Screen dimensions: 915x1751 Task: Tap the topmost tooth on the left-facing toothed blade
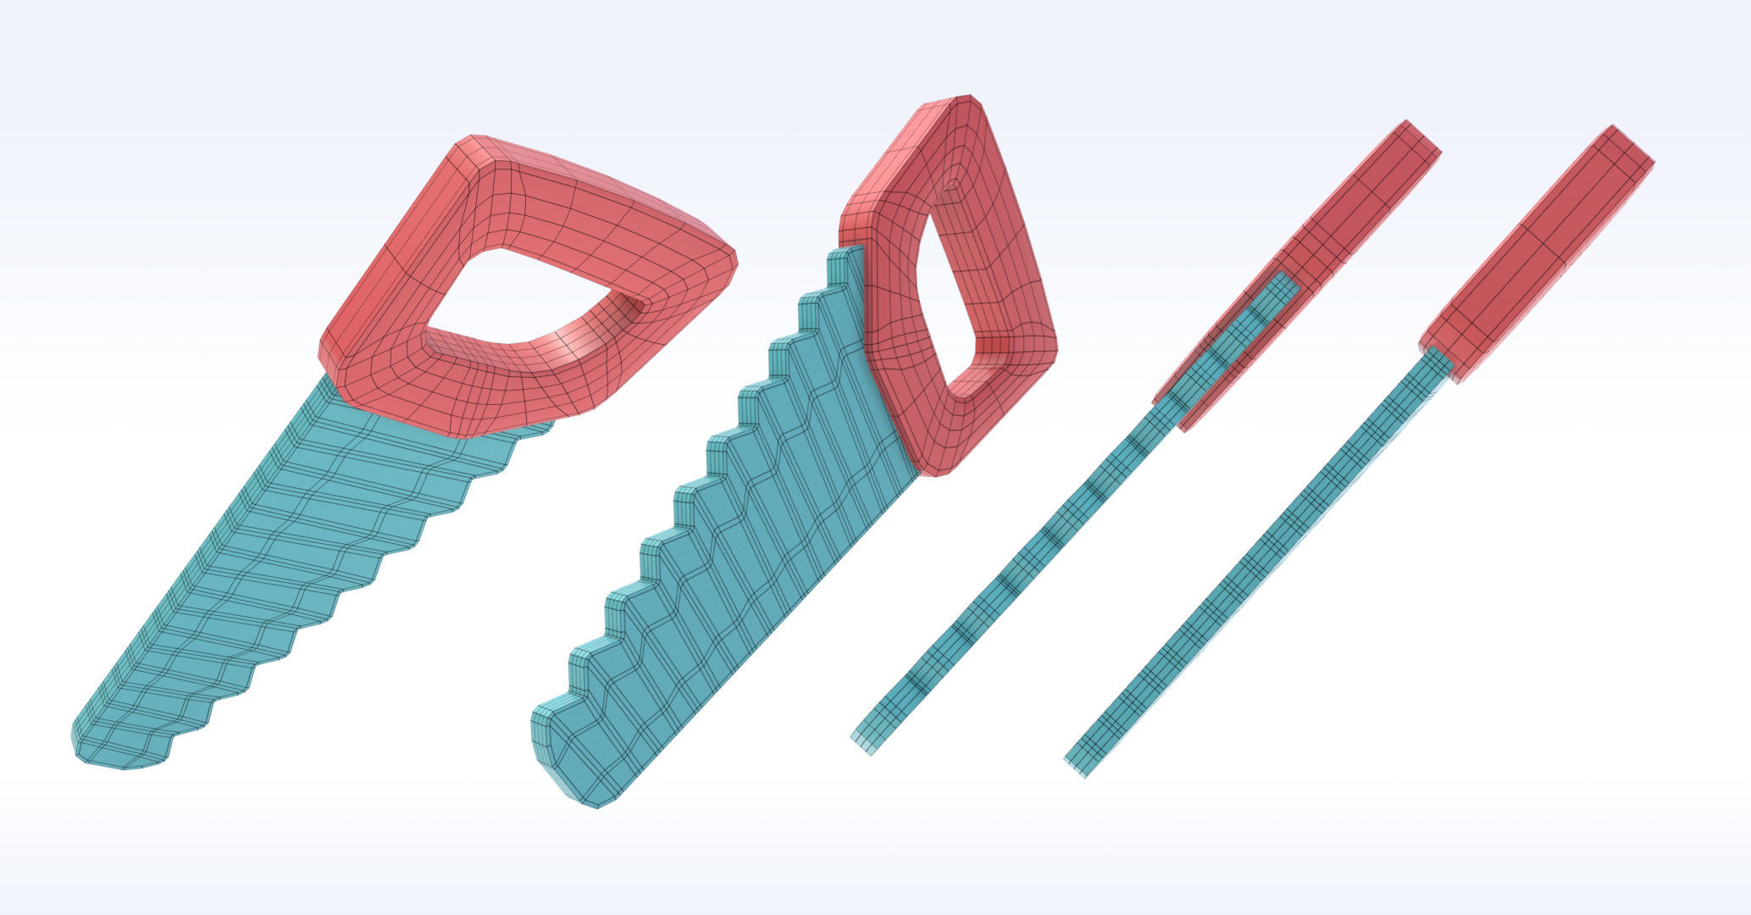coord(839,254)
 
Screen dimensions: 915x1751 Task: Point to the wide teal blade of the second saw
coord(745,551)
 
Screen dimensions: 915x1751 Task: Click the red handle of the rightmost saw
coord(1533,254)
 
